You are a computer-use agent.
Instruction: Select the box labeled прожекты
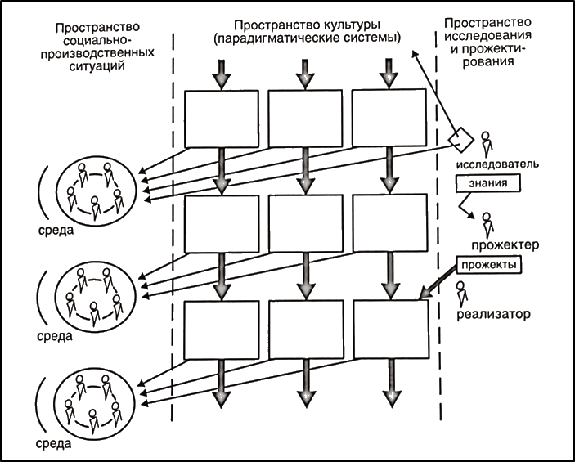pyautogui.click(x=488, y=265)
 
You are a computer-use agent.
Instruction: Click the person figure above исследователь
pyautogui.click(x=488, y=143)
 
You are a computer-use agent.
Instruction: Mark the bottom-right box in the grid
pyautogui.click(x=391, y=330)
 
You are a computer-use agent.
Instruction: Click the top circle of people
pyautogui.click(x=94, y=187)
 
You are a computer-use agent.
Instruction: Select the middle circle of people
pyautogui.click(x=94, y=296)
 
